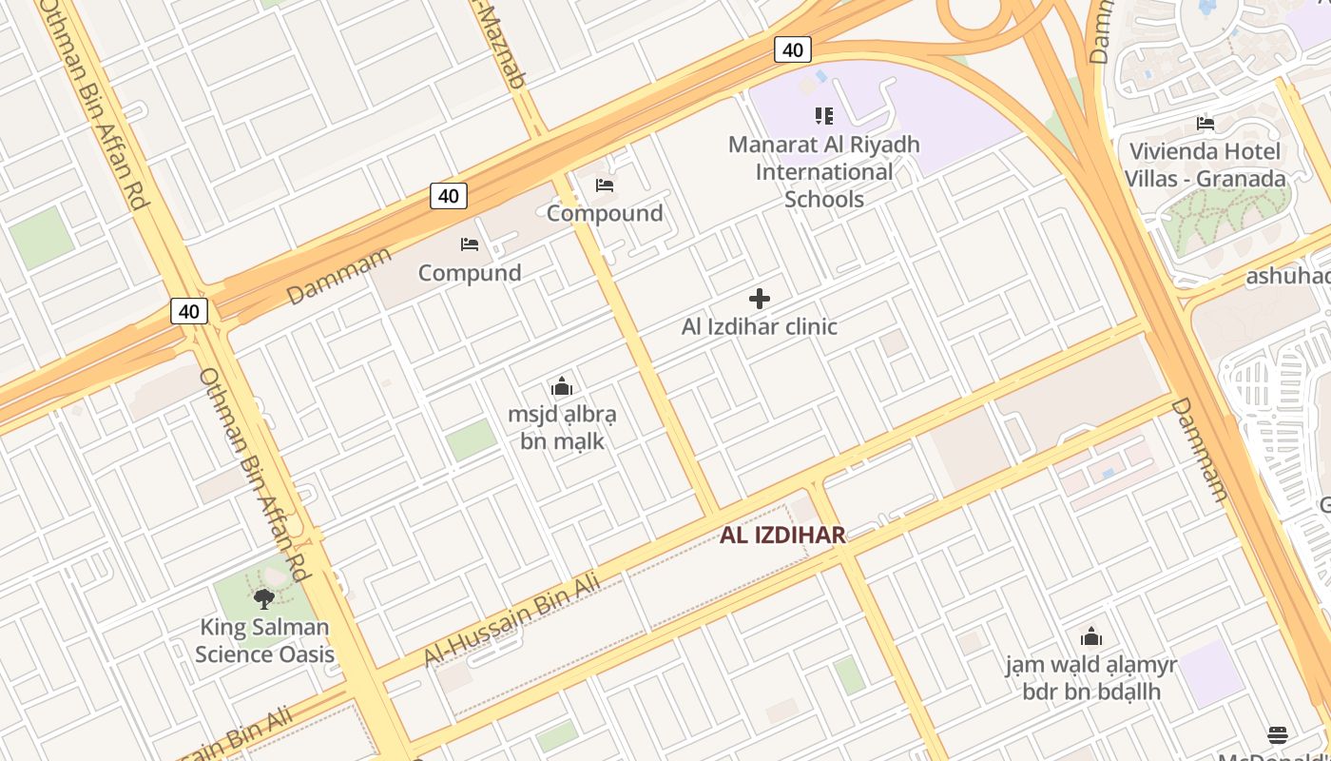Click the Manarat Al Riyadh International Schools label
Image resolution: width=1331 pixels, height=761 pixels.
pyautogui.click(x=824, y=172)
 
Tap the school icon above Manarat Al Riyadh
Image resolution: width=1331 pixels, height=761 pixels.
pyautogui.click(x=824, y=116)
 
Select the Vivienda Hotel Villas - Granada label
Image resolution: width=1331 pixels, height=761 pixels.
pyautogui.click(x=1206, y=165)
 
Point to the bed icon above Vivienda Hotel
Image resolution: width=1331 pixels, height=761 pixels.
pyautogui.click(x=1206, y=124)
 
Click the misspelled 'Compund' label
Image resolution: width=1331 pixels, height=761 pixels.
pyautogui.click(x=470, y=273)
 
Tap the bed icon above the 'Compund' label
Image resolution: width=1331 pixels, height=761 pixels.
pyautogui.click(x=470, y=244)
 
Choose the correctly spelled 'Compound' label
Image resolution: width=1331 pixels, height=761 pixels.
pyautogui.click(x=605, y=213)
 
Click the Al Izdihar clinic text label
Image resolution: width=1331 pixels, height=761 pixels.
pyautogui.click(x=760, y=326)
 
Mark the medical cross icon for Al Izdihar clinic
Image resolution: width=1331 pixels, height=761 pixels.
pyautogui.click(x=760, y=300)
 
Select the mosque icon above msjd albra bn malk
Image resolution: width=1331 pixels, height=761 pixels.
pyautogui.click(x=562, y=387)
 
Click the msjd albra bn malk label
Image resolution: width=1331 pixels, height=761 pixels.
pyautogui.click(x=562, y=428)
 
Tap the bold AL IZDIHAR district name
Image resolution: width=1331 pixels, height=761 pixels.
pyautogui.click(x=782, y=535)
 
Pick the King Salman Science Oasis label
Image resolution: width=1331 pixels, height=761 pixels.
pyautogui.click(x=264, y=640)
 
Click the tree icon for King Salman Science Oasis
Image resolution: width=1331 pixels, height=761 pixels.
pyautogui.click(x=264, y=599)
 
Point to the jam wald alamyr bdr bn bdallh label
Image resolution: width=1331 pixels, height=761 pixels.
pyautogui.click(x=1091, y=677)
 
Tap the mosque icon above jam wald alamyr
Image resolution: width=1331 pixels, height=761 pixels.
pyautogui.click(x=1091, y=636)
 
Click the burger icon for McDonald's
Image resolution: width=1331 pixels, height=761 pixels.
pyautogui.click(x=1278, y=735)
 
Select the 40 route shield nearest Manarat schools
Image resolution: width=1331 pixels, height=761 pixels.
pyautogui.click(x=792, y=49)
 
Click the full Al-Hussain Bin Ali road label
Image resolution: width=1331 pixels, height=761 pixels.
pyautogui.click(x=511, y=619)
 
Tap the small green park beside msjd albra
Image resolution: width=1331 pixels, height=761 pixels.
pyautogui.click(x=472, y=439)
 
